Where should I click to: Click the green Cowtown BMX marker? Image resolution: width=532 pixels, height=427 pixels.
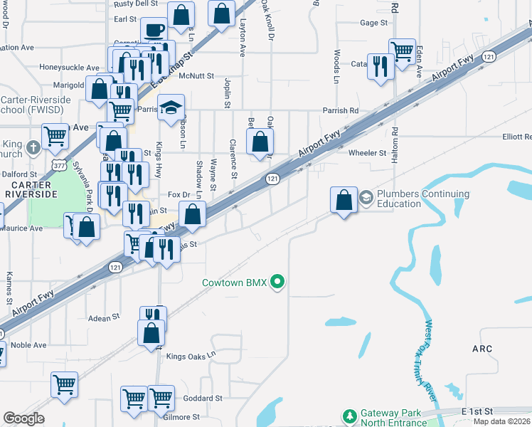278,283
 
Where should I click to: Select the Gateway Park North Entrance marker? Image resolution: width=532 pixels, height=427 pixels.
349,415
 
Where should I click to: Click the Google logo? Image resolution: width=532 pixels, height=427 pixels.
23,418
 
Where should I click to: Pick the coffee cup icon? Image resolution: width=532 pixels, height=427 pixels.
154,31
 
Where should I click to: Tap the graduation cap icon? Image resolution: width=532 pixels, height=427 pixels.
170,107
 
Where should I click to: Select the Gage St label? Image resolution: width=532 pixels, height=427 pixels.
373,23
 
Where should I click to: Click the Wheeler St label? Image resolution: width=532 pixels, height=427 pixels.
367,152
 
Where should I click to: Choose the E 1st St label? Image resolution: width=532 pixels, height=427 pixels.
477,412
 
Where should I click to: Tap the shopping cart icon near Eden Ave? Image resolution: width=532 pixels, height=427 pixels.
402,51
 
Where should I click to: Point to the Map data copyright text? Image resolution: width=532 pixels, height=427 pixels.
502,421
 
